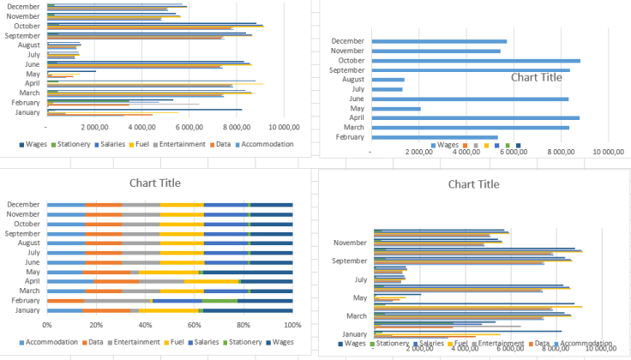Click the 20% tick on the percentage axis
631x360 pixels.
click(x=96, y=325)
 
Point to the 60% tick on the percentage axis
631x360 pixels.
click(x=195, y=325)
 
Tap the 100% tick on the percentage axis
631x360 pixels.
click(x=292, y=325)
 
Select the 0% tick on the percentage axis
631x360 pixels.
click(x=47, y=325)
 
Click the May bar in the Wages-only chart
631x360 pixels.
click(x=395, y=109)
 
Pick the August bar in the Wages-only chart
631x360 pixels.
click(x=388, y=80)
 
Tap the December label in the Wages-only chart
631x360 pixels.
click(x=348, y=41)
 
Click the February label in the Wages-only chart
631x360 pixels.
click(x=350, y=137)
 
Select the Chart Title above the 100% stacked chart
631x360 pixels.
click(x=155, y=183)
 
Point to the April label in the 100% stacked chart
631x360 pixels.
click(x=33, y=280)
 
